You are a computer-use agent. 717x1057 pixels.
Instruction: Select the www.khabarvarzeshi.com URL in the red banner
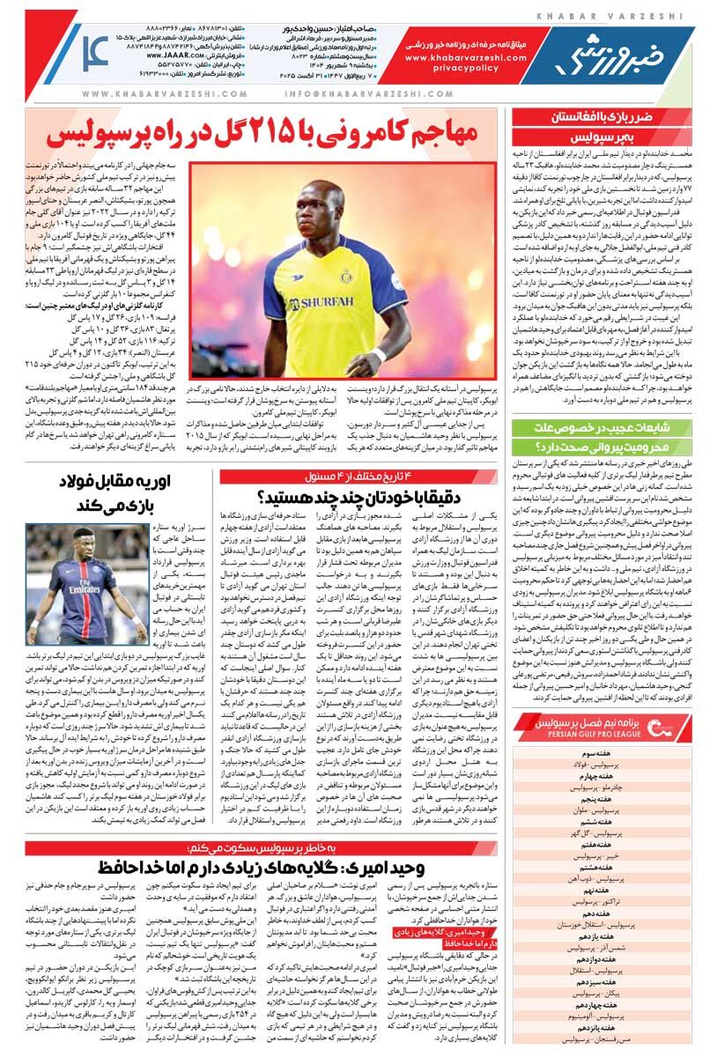pyautogui.click(x=465, y=55)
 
